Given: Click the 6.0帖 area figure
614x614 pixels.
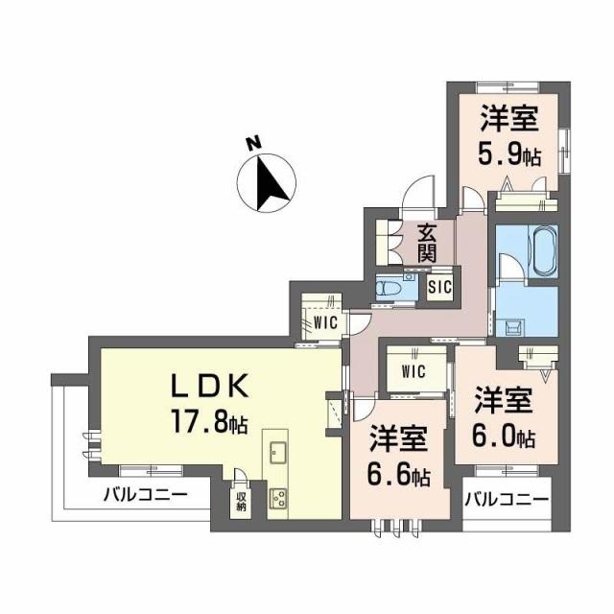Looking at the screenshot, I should pos(504,437).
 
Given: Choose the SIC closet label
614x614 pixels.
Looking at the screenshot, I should pos(440,286).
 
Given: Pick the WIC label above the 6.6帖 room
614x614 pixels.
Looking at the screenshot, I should pos(413,369).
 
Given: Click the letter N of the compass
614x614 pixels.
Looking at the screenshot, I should pos(252,144).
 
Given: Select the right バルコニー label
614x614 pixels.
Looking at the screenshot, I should pos(507,500).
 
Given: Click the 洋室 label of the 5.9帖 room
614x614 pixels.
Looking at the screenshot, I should pos(508,119).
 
